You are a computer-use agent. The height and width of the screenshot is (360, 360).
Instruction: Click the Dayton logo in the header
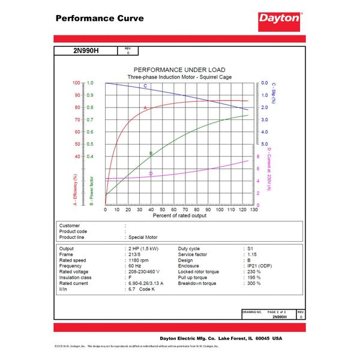(279, 19)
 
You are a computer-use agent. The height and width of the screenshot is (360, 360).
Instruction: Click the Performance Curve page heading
(100, 18)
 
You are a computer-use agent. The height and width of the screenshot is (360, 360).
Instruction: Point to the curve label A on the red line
(145, 107)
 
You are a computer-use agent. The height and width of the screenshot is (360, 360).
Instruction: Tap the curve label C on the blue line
(145, 86)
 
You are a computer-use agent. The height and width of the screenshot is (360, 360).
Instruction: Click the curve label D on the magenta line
(151, 174)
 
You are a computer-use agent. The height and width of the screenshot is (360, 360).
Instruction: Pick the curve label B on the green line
(151, 154)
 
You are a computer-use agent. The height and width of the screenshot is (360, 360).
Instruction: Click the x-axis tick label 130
(254, 209)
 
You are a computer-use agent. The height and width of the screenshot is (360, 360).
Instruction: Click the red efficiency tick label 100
(76, 83)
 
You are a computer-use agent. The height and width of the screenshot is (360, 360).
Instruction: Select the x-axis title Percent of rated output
(179, 215)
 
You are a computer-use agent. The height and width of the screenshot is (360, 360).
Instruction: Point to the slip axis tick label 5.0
(265, 144)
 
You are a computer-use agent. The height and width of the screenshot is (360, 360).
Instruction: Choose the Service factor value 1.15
(253, 254)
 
